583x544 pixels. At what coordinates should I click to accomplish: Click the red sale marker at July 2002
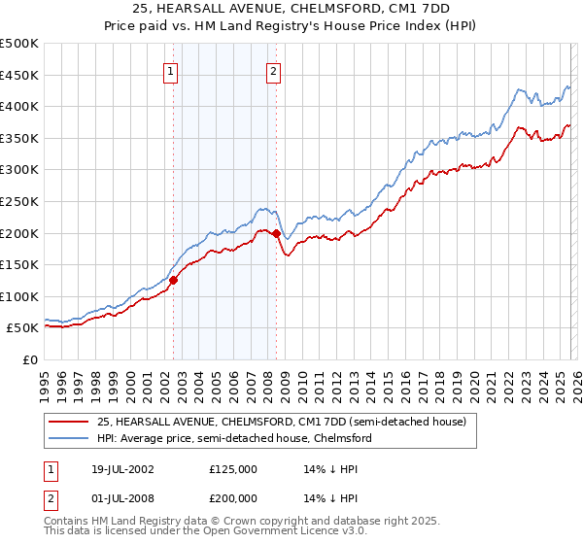174,280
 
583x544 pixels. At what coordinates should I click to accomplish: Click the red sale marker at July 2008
277,233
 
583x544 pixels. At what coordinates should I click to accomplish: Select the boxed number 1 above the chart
171,70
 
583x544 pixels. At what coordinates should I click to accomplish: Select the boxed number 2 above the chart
274,70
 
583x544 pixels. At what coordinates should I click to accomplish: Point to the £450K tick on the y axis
19,76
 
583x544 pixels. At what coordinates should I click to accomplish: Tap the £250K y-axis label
19,202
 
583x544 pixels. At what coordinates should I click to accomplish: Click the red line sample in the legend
70,422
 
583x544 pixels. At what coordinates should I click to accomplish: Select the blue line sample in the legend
70,439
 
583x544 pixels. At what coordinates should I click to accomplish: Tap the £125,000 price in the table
234,468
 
